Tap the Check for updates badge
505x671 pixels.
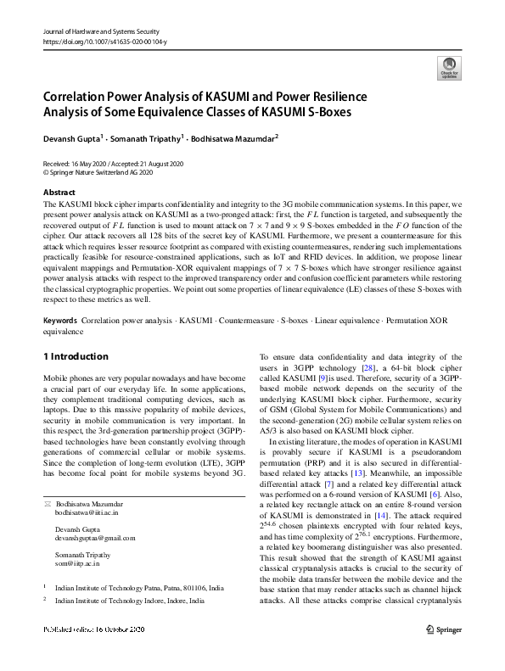(447, 67)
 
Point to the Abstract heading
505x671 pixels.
(59, 193)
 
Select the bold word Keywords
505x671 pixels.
(60, 322)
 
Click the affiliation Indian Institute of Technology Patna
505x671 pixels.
(137, 586)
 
